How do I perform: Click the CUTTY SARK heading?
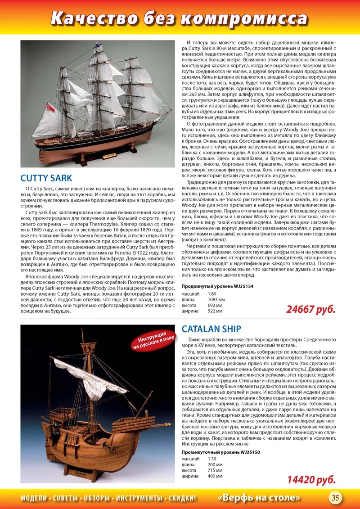coord(46,177)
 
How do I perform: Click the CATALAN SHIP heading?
coord(211,329)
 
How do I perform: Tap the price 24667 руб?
coord(311,310)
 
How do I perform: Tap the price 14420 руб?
coord(311,480)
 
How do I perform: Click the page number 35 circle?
coord(335,497)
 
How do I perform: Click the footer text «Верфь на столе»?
coord(259,498)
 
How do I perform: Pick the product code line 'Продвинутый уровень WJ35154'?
coord(217,286)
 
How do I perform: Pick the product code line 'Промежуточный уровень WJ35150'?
coord(220,452)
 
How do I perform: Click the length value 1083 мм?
coord(216,299)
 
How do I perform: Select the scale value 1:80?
coord(212,293)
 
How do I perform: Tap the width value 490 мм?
coord(216,476)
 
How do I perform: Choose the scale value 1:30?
coord(212,459)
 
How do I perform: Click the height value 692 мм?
coord(215,305)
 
